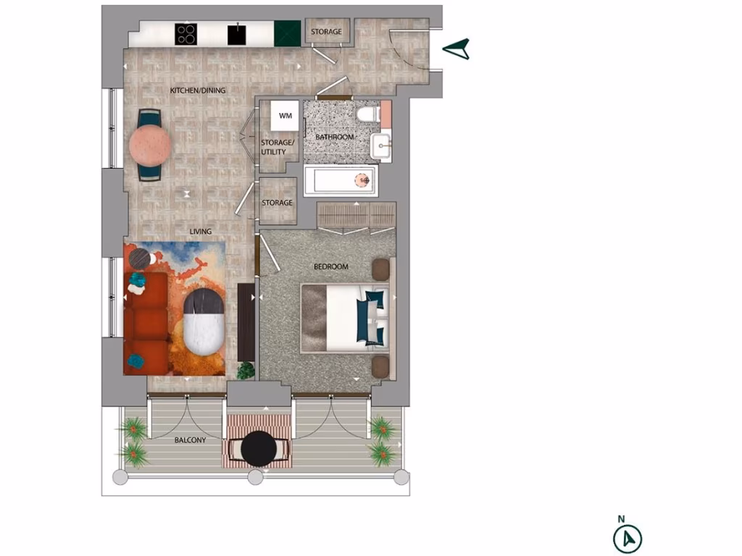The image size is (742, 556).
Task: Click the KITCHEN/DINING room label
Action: pos(198,90)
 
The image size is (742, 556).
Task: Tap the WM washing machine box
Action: pos(285,116)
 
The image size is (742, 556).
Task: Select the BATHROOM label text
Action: pos(335,137)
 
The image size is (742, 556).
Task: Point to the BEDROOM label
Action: pos(330,267)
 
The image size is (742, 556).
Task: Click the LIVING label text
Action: pos(201,232)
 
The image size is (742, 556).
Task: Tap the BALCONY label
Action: pos(190,440)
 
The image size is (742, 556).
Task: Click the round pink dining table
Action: pos(150,145)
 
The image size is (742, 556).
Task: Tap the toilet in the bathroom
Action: pos(367,115)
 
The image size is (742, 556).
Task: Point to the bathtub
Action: pos(341,181)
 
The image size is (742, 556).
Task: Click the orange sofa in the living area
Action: pos(146,323)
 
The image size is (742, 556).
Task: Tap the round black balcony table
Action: pos(259,450)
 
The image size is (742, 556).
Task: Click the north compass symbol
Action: pos(628,538)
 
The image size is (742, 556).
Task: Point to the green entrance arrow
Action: pos(457,49)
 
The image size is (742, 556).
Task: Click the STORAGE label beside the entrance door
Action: pos(326,33)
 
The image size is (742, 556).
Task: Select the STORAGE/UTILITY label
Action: pos(278,147)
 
